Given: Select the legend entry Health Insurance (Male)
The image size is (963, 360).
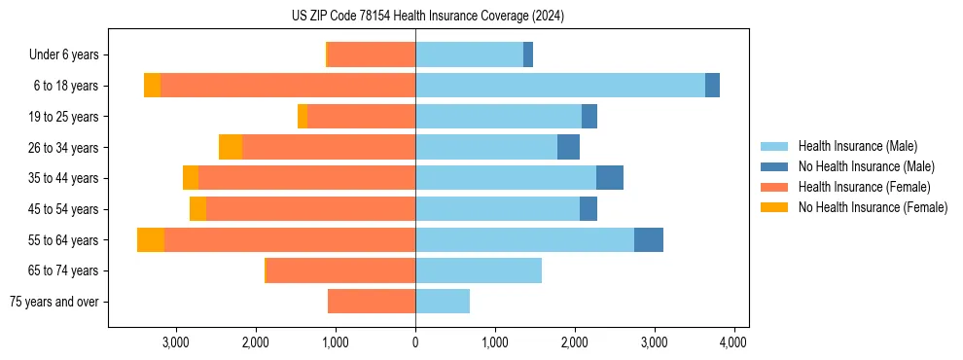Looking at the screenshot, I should pos(857,146).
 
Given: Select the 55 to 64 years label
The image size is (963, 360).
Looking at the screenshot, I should pos(65,240).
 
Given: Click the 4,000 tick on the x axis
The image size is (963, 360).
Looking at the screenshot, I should pos(732,342).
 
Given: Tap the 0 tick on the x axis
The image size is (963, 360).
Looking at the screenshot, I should pos(415,342).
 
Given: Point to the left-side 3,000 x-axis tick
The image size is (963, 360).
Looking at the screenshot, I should pos(176,342).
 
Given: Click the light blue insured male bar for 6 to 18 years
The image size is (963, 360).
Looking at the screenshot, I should pos(559,86).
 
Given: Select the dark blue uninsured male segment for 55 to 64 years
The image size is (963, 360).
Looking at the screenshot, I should pos(649,239).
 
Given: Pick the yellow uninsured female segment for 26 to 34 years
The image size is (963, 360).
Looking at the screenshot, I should pos(231,147).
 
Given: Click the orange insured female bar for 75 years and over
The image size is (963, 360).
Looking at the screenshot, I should pos(372,302).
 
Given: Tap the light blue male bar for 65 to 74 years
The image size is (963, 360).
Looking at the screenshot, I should pos(479,270).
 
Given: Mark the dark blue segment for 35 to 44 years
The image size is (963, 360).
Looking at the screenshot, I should pos(610,178).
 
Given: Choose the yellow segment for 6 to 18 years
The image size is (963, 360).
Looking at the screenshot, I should pos(152,86).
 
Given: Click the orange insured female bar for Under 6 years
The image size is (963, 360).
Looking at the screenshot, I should pos(372,54).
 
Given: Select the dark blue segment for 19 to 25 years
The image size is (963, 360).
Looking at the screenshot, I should pos(589,117).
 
